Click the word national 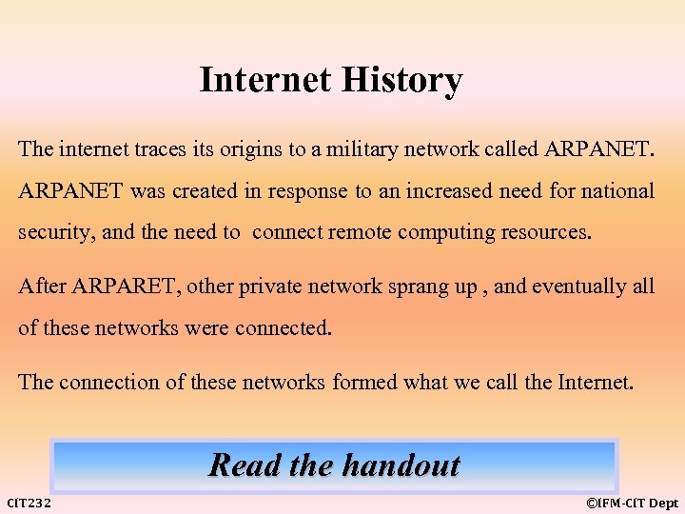(613, 191)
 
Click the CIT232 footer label (29, 503)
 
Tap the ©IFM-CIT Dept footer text (632, 503)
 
